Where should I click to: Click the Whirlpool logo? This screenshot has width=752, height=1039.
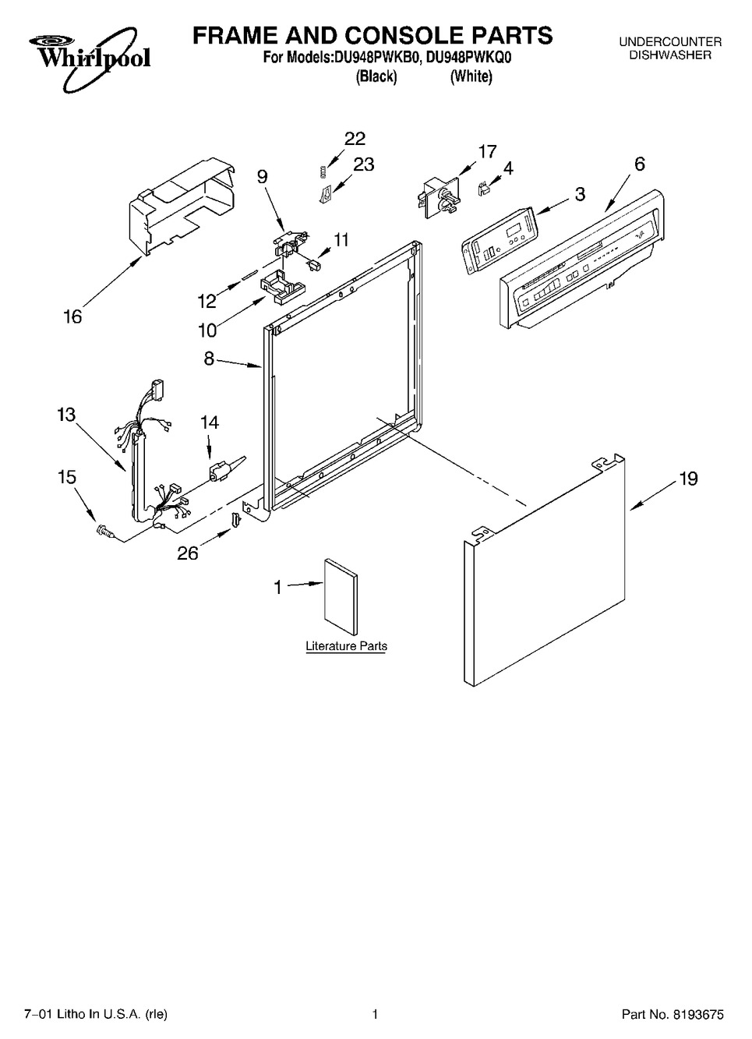coord(90,59)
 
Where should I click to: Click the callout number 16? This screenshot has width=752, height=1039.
coord(72,316)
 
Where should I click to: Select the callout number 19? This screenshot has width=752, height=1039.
coord(688,479)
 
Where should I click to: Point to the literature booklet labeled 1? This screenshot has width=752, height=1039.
coord(341,596)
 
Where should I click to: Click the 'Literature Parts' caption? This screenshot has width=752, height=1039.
coord(346,645)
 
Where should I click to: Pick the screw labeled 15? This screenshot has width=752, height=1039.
coord(104,530)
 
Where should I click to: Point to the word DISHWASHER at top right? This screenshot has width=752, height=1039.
coord(670,55)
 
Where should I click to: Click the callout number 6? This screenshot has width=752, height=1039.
coord(639,164)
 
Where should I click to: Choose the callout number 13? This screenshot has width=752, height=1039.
coord(65,414)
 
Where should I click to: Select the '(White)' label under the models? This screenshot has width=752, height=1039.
coord(471,76)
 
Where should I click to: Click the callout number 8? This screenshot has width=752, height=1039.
coord(209,359)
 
